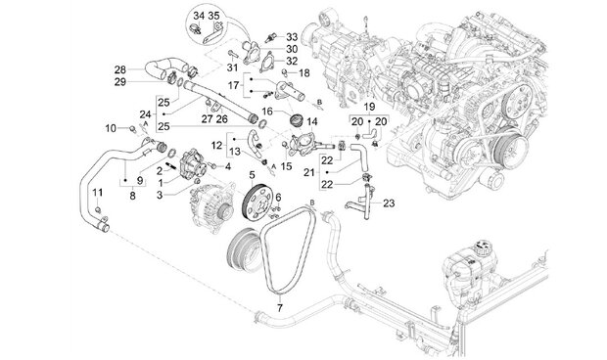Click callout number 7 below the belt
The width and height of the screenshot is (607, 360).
tap(279, 308)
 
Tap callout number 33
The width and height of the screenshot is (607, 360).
tap(292, 37)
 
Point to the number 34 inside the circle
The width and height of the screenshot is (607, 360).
tap(199, 17)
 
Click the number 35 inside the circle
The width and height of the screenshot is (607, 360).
tap(213, 17)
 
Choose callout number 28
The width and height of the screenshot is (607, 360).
tap(120, 70)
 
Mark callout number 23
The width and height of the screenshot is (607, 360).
tap(389, 203)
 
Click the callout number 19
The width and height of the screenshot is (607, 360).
tap(369, 107)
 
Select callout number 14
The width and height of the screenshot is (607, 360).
tap(312, 122)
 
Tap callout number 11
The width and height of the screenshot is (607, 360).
tap(98, 192)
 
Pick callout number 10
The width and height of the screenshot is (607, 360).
tap(111, 128)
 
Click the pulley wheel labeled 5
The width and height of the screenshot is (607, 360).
tap(257, 202)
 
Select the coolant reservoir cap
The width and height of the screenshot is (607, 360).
tap(483, 247)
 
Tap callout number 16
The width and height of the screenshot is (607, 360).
tap(267, 112)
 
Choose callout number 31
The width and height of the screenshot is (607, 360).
tap(232, 67)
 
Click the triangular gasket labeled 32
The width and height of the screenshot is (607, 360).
tap(266, 64)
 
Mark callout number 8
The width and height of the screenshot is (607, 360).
tap(133, 196)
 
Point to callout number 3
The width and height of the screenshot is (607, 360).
tap(160, 196)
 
